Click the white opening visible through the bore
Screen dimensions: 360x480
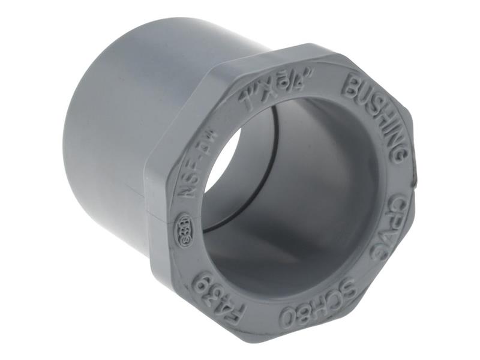coord(223,162)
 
